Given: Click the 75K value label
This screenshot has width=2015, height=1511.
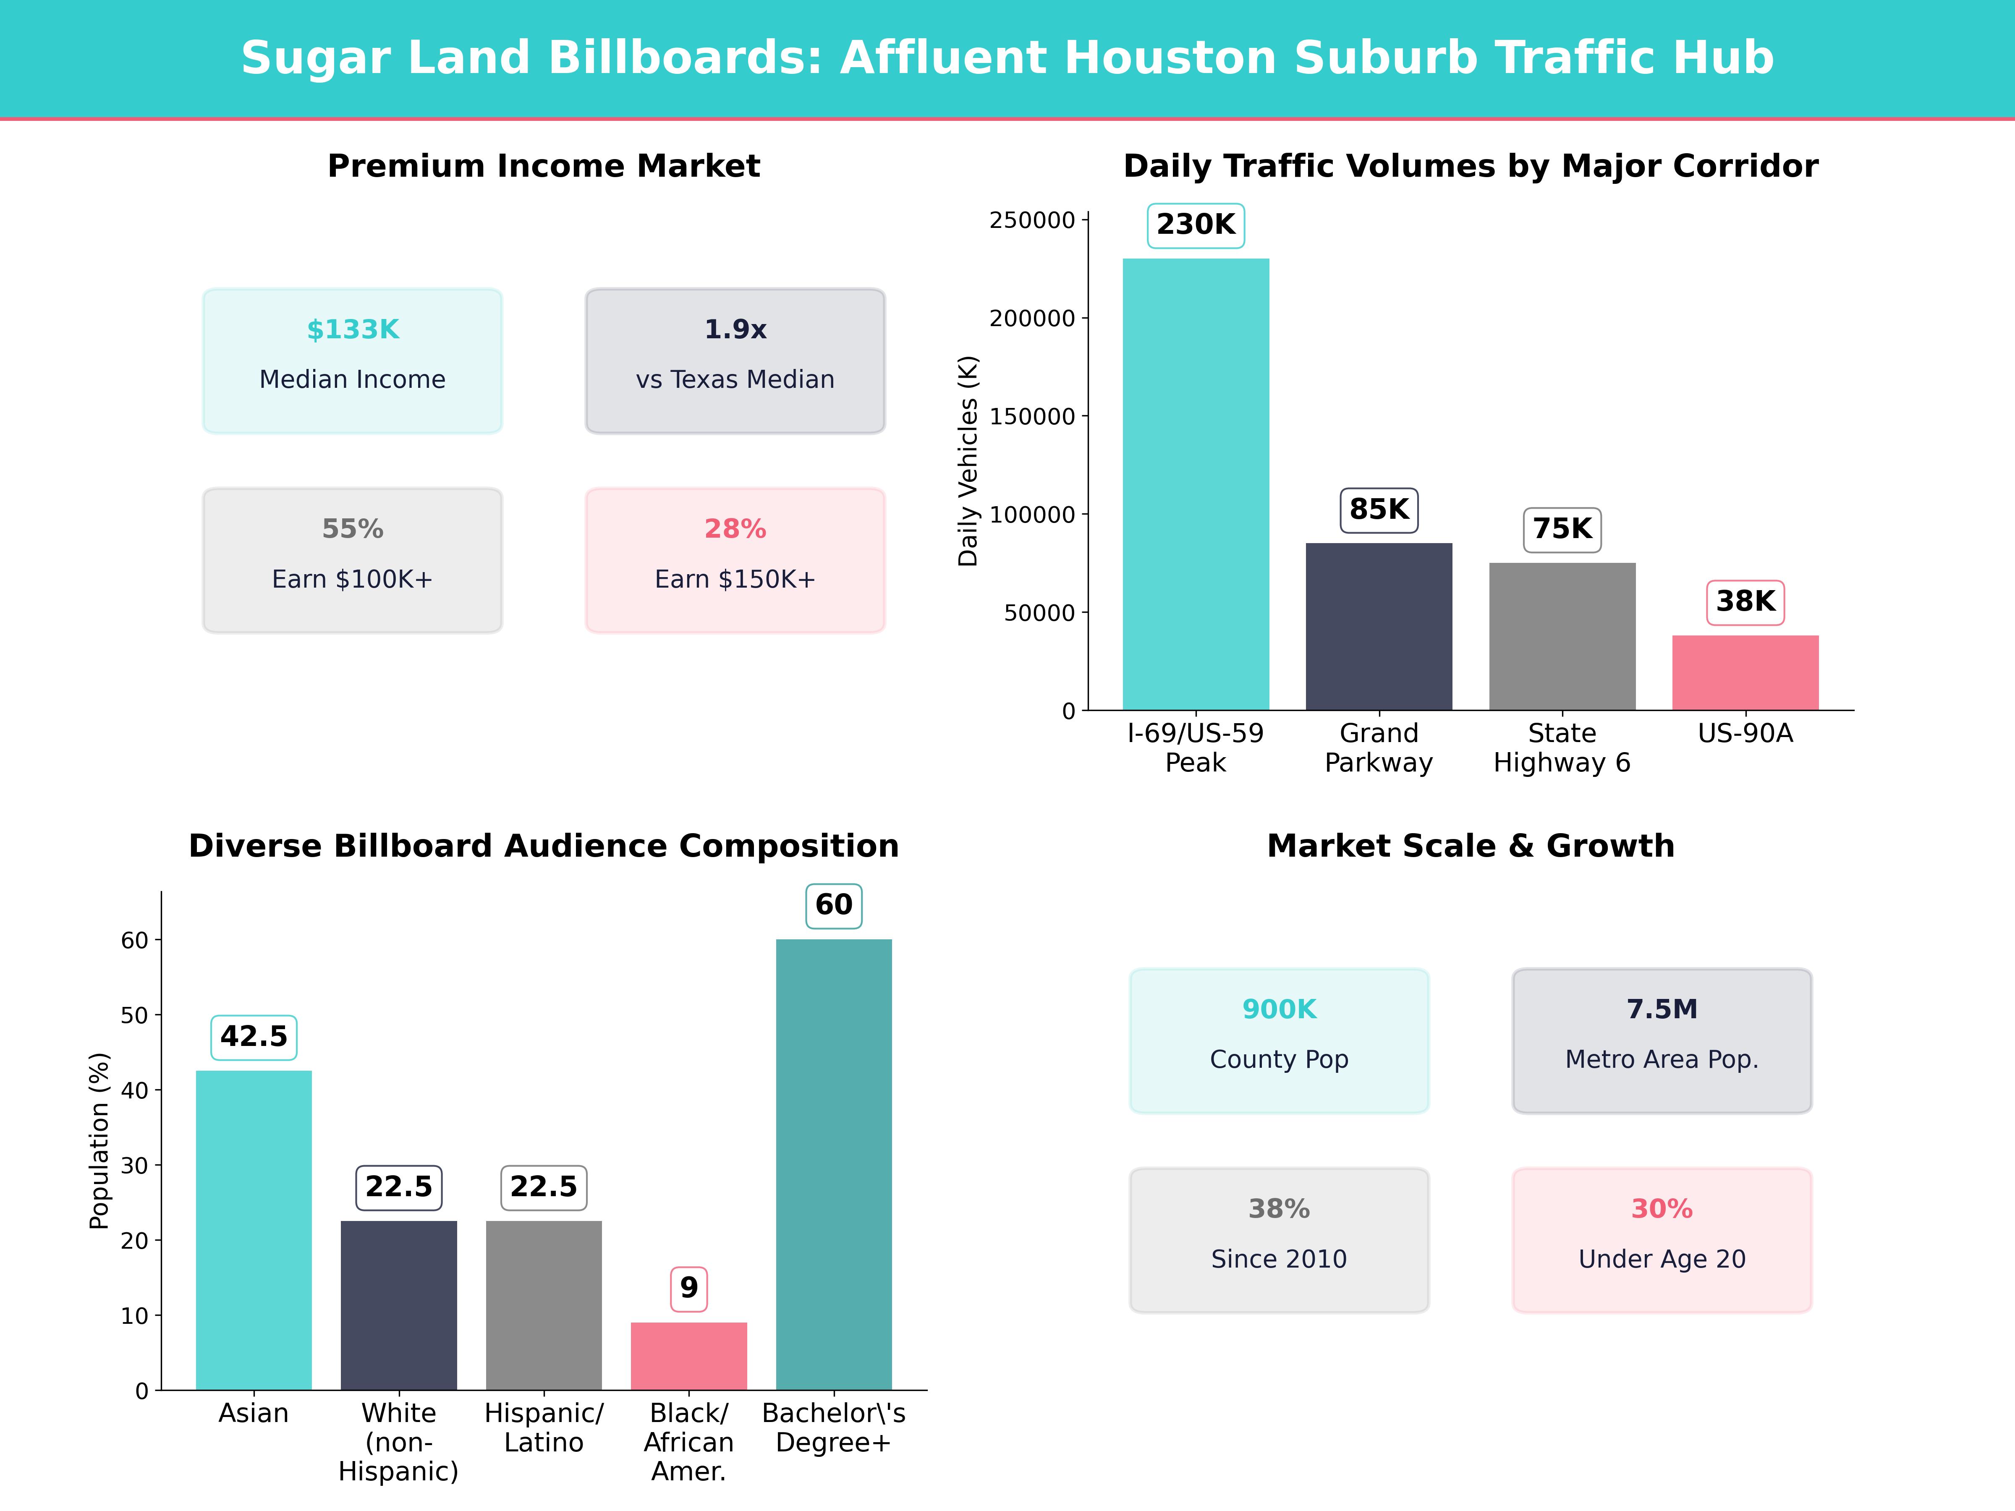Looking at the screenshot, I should click(x=1562, y=529).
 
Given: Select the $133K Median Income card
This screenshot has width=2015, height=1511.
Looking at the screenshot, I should click(x=353, y=361).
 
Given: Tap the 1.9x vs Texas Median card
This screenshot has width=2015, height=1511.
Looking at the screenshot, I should click(x=735, y=361).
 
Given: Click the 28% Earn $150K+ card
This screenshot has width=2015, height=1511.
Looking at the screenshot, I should click(x=735, y=560).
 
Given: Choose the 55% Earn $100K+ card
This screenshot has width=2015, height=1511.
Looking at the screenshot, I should click(x=353, y=560).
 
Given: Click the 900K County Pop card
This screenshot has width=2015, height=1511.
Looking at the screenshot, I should click(x=1279, y=1040).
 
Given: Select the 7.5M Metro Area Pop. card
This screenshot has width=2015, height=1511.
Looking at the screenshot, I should click(x=1662, y=1040).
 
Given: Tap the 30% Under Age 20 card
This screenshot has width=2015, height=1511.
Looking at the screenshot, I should click(x=1662, y=1239).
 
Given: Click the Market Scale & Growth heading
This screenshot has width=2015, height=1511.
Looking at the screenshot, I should click(x=1470, y=846).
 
